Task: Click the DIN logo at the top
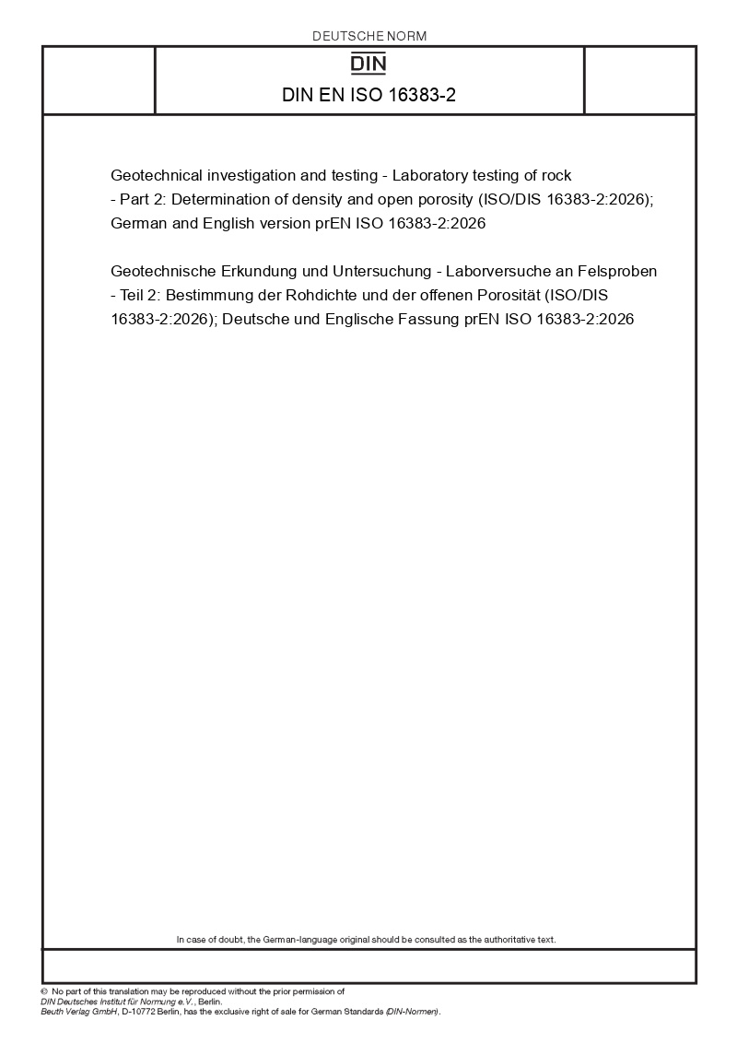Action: [369, 63]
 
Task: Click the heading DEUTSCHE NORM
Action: [369, 36]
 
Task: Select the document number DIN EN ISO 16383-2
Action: [369, 95]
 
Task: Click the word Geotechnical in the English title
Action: [153, 175]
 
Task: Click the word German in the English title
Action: [138, 223]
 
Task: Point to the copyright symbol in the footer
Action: [43, 992]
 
